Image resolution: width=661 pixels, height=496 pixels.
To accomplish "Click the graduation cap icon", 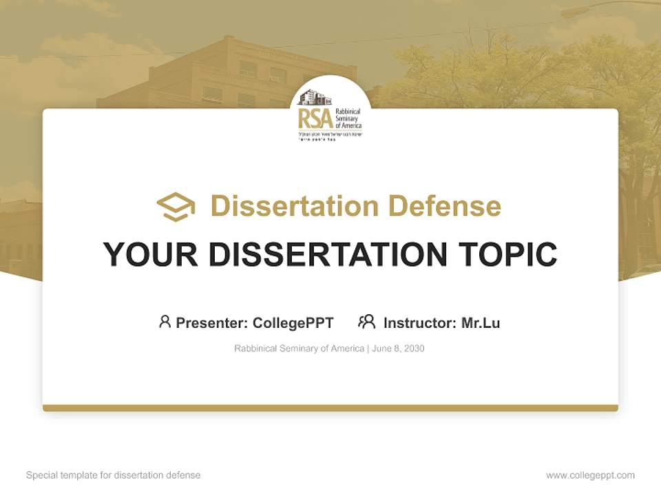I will click(176, 207).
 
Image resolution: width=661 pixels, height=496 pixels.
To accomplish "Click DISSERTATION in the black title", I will click(326, 255).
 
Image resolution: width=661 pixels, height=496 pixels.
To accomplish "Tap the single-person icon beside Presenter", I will click(165, 322).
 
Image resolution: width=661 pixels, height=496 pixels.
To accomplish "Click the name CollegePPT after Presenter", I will click(293, 323).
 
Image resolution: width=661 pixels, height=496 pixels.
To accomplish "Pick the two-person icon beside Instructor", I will click(366, 322).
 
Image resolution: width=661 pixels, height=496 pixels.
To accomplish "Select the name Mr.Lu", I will click(481, 323).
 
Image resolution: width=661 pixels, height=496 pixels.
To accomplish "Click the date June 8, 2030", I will click(398, 349).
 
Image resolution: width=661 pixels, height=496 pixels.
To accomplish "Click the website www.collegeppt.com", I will click(590, 475).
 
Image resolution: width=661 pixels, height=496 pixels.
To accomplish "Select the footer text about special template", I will click(113, 475).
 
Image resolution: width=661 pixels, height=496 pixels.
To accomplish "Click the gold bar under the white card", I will click(330, 408).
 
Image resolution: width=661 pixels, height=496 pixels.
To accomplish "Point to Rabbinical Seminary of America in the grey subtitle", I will click(299, 349).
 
